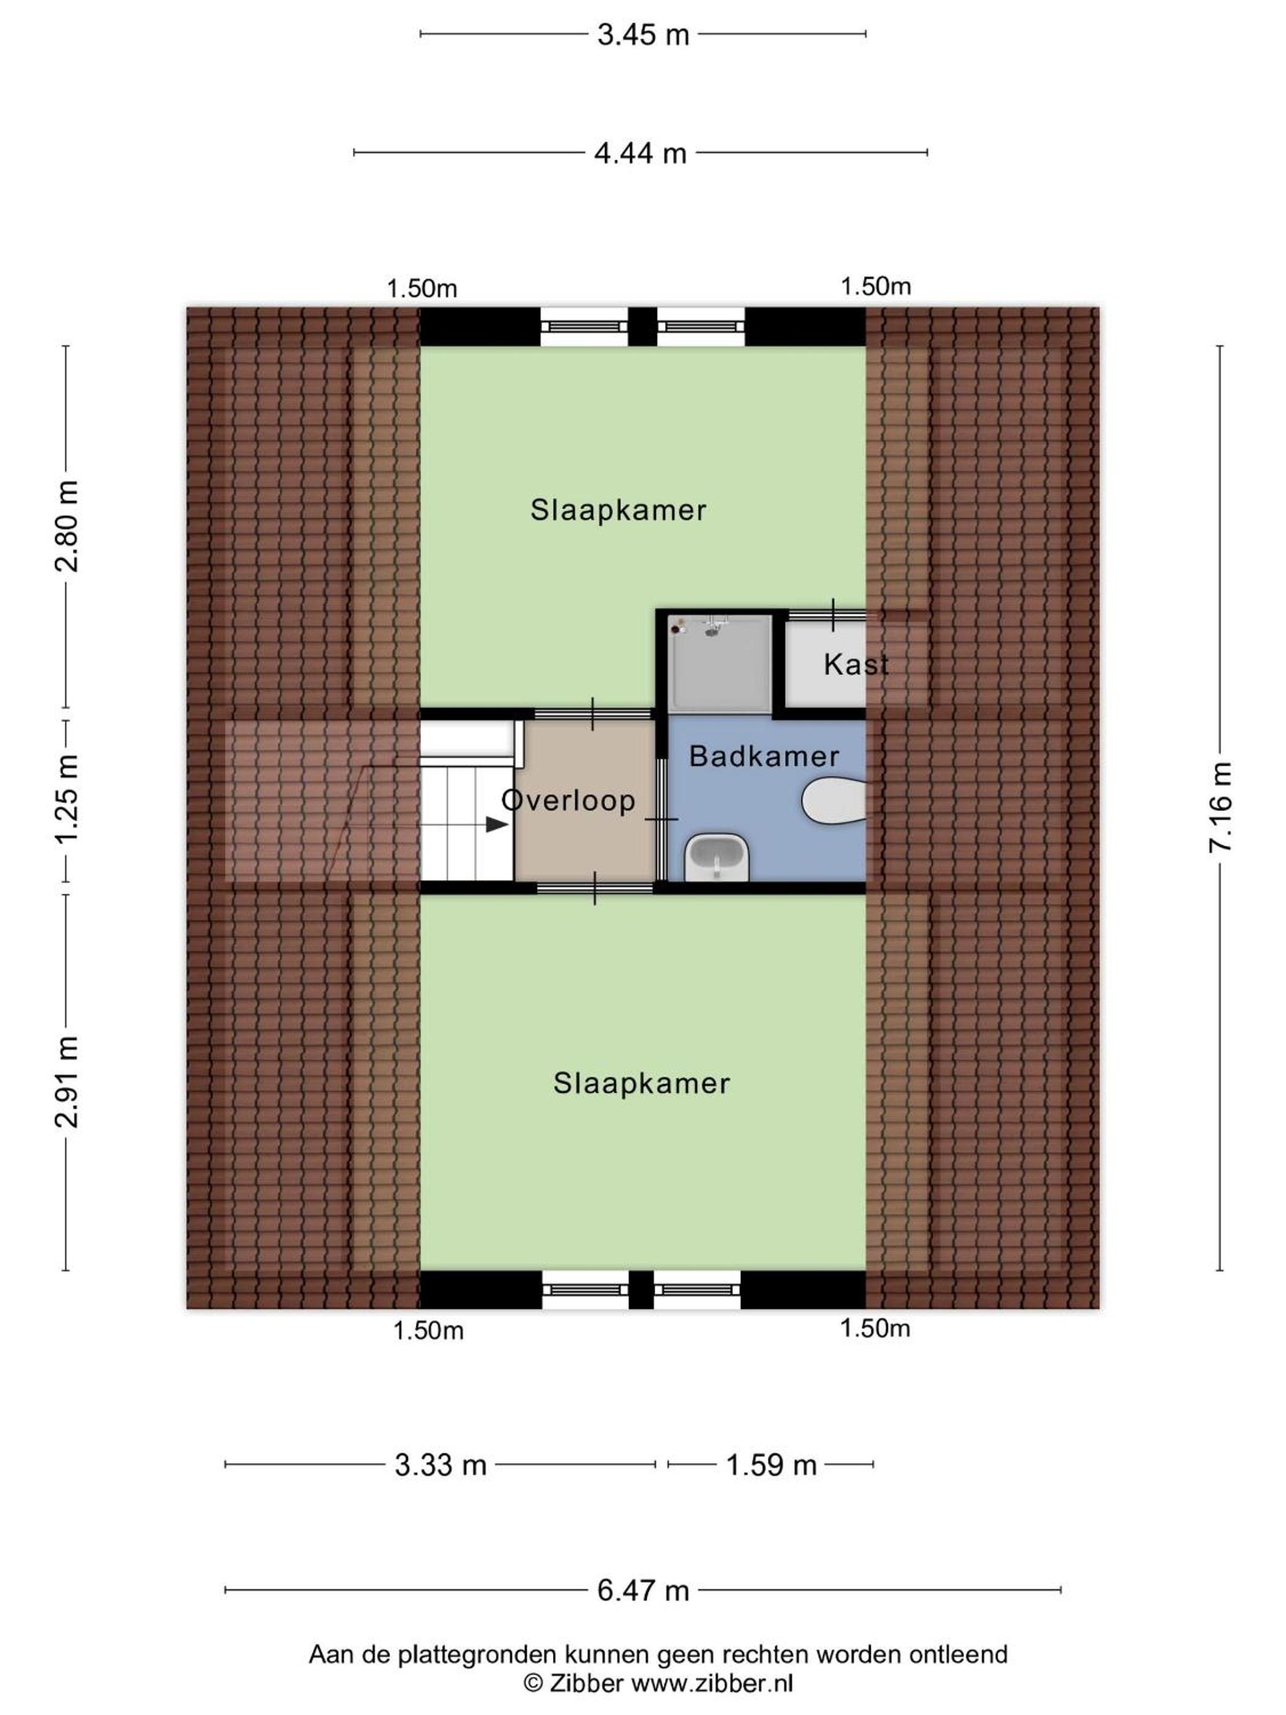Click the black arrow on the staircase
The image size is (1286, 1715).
[x=496, y=824]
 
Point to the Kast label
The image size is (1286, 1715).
[x=855, y=665]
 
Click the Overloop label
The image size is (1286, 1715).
[x=568, y=800]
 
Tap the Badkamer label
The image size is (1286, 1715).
[x=764, y=756]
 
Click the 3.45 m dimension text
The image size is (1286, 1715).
[x=642, y=35]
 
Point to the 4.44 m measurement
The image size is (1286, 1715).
[x=641, y=154]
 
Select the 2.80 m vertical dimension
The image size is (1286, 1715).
[x=67, y=526]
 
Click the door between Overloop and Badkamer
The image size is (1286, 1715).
[x=661, y=819]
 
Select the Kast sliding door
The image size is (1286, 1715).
[x=826, y=615]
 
